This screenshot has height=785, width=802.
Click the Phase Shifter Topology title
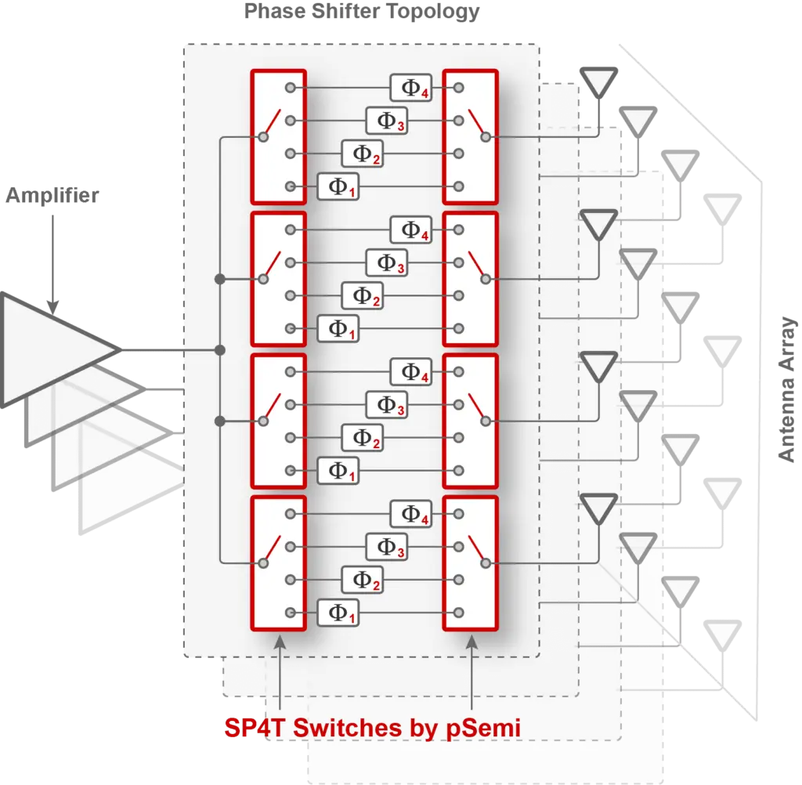pos(362,12)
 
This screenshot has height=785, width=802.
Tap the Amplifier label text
pos(52,196)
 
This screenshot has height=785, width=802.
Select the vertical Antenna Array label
pos(786,389)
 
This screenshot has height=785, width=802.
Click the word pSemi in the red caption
pos(483,728)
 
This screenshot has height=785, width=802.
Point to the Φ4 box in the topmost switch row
pos(410,88)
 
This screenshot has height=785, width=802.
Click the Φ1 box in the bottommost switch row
pos(338,613)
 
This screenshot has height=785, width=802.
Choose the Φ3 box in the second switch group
pos(387,263)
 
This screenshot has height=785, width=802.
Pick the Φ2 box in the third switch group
pos(362,438)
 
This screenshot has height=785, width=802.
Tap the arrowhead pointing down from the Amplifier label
pos(52,308)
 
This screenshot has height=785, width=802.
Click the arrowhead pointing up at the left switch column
pos(280,642)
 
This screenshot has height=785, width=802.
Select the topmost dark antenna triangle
pos(598,81)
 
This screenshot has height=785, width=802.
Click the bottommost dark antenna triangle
pos(598,508)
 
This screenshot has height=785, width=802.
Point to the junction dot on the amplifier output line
pos(220,350)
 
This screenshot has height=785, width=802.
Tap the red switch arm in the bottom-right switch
pos(477,549)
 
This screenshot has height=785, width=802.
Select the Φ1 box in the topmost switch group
pos(338,186)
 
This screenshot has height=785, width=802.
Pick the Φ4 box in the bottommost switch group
pos(410,514)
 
